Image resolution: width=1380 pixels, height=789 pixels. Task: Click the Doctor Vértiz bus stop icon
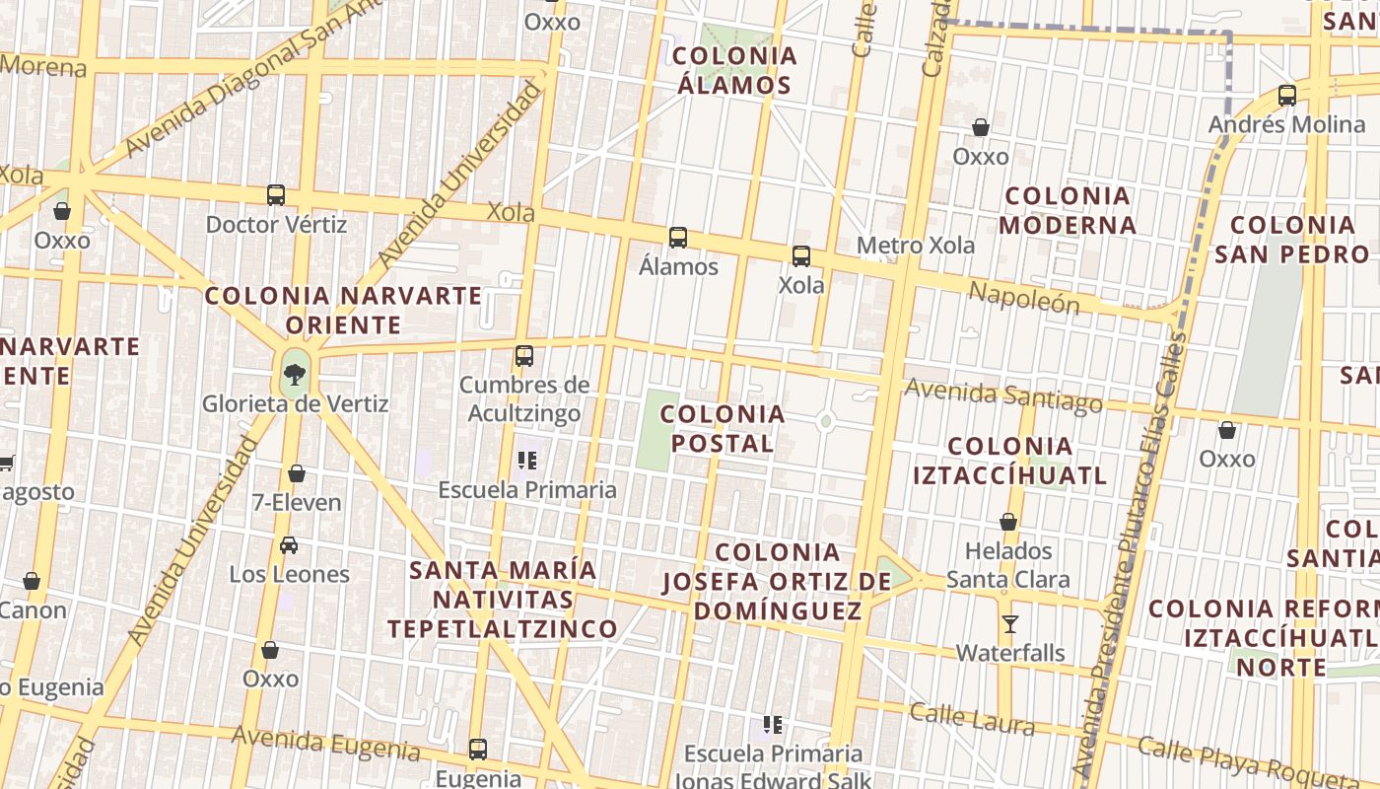click(x=276, y=195)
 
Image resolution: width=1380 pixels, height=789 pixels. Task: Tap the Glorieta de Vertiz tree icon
click(x=294, y=374)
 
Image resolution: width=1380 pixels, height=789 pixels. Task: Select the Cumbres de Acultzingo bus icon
click(x=524, y=356)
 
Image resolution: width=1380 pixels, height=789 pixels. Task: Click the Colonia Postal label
click(x=723, y=429)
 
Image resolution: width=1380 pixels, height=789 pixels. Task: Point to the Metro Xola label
click(x=916, y=245)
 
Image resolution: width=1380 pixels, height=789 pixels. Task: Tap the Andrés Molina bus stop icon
click(x=1287, y=96)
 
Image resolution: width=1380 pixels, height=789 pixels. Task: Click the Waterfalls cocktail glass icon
click(x=1010, y=624)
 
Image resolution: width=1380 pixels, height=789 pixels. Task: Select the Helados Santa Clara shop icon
click(x=1008, y=522)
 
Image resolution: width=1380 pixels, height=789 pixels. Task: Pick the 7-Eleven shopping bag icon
click(x=297, y=474)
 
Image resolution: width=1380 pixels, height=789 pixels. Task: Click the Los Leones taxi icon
click(x=289, y=545)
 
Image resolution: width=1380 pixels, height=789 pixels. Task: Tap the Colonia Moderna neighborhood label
click(x=1068, y=210)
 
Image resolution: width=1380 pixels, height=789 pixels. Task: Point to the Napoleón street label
click(x=1025, y=296)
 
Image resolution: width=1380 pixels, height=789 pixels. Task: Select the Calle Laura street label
click(x=972, y=719)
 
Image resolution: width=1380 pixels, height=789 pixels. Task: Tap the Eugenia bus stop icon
click(x=478, y=750)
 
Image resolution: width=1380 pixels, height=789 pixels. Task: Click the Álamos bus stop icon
click(x=678, y=238)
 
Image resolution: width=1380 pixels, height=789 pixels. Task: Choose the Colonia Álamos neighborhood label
click(x=734, y=70)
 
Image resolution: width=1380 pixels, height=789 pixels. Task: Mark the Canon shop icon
click(x=32, y=582)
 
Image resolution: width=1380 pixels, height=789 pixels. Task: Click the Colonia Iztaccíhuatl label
click(x=1009, y=462)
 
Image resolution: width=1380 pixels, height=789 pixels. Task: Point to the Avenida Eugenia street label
click(x=325, y=743)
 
